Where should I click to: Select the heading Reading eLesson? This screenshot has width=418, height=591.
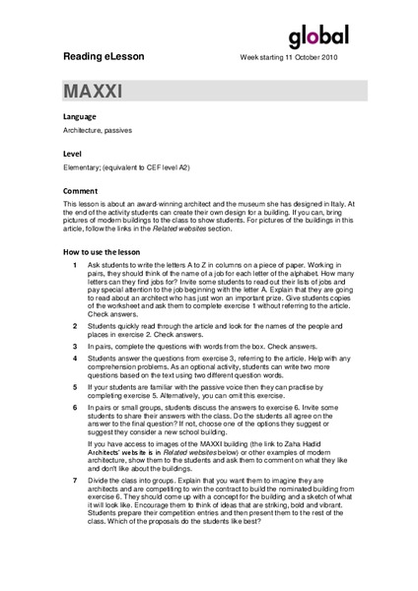[103, 57]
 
